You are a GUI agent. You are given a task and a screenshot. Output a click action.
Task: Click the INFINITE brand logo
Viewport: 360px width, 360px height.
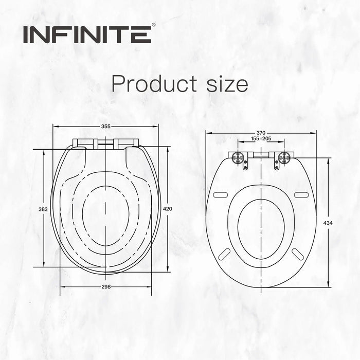[86, 35]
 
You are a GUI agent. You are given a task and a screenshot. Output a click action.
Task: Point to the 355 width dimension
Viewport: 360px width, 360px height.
[106, 126]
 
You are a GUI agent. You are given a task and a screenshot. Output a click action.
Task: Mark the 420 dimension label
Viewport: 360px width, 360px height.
[168, 209]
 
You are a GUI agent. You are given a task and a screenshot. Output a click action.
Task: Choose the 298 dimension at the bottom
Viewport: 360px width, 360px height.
[106, 286]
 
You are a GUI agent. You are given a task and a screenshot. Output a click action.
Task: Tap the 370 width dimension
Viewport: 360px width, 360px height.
[261, 133]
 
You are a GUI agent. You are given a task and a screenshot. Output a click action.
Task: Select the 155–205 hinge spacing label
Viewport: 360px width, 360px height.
[261, 139]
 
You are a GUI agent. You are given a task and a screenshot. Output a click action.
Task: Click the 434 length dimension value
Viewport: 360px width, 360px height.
[328, 223]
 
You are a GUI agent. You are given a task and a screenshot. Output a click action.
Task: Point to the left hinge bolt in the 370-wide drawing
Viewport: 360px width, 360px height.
[239, 158]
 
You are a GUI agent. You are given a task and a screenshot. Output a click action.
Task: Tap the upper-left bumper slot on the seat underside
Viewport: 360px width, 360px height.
[220, 194]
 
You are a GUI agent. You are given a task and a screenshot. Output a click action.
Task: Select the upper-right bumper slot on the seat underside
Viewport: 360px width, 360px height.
[301, 194]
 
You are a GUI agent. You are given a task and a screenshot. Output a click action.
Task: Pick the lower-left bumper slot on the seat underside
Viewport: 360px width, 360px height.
[225, 254]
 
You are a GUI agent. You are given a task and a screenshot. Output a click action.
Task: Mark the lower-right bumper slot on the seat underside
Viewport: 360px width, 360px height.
[298, 254]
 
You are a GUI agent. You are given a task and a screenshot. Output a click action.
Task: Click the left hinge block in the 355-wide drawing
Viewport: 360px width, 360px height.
[85, 143]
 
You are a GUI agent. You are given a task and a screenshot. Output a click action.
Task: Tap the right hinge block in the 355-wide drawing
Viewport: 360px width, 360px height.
[126, 143]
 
